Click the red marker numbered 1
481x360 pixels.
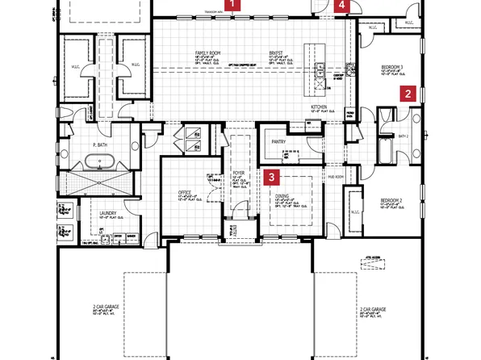(233, 5)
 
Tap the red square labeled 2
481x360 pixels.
(409, 94)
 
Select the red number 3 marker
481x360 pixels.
(273, 176)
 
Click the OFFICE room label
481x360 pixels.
(184, 192)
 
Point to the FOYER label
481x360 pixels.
(239, 172)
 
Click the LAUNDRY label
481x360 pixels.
(108, 214)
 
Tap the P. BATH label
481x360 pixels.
(100, 145)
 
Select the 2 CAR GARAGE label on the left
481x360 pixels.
(104, 308)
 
